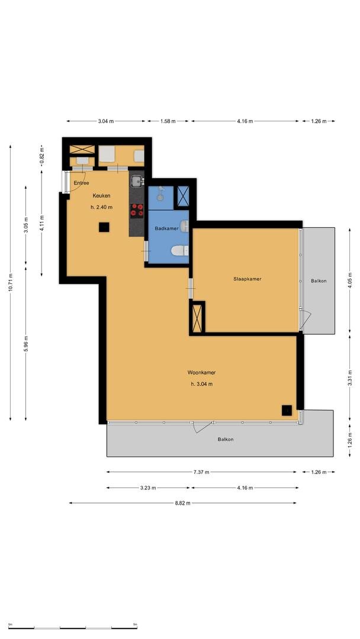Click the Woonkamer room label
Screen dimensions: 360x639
point(201,373)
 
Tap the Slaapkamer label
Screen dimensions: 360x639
point(247,279)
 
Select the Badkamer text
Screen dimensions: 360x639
point(166,228)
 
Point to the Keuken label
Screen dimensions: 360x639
point(101,196)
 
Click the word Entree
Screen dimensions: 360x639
point(81,183)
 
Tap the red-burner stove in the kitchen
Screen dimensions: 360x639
point(137,210)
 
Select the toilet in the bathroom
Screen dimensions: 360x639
point(180,251)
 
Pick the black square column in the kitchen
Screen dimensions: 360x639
point(104,227)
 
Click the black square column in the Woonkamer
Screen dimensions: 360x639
point(287,411)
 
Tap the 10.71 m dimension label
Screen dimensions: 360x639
point(11,282)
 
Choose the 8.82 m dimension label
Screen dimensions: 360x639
point(182,504)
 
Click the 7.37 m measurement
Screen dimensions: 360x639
point(201,472)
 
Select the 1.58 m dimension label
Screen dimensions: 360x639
point(168,121)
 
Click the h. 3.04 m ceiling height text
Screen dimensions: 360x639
point(202,384)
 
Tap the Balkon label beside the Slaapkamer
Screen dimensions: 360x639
point(319,281)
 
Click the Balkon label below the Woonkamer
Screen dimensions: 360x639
point(226,439)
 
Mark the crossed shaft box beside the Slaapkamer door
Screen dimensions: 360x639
point(197,318)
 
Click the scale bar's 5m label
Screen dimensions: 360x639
point(135,624)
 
